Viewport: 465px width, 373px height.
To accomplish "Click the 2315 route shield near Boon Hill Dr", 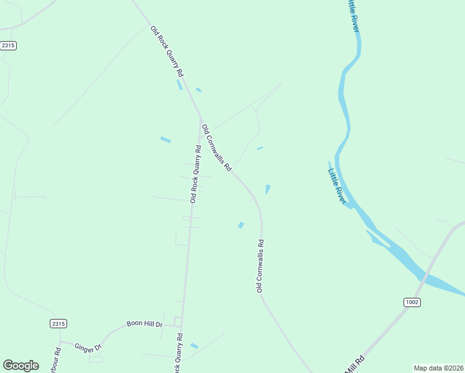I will click(x=58, y=324).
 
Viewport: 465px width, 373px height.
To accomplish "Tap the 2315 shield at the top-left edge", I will click(x=7, y=45).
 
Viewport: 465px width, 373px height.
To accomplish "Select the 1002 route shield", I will click(x=412, y=302).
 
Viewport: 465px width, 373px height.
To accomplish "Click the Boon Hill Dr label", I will click(x=144, y=324).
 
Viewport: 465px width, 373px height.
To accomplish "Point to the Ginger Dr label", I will click(x=88, y=347).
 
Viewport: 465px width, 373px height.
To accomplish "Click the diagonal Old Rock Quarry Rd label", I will click(x=167, y=51).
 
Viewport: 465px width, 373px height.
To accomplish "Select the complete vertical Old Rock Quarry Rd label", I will click(x=195, y=174).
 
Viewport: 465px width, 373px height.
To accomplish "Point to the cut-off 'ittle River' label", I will click(x=353, y=16).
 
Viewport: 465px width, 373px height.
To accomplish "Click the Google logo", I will click(x=21, y=366).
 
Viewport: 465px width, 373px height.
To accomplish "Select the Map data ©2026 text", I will click(x=438, y=368).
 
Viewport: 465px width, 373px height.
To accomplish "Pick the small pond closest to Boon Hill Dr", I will click(x=194, y=346).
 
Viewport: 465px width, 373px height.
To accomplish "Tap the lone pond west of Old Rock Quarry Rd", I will click(x=165, y=139).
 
